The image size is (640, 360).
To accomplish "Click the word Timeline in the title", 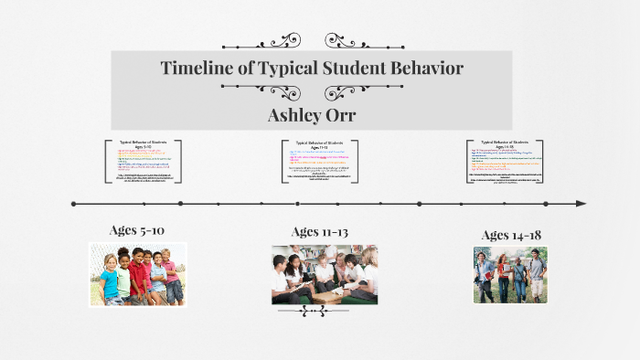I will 198,68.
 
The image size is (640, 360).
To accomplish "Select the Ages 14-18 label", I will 511,235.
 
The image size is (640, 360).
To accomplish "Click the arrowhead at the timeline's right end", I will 581,203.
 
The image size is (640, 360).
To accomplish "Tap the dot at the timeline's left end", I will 73,203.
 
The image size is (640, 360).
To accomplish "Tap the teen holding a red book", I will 485,272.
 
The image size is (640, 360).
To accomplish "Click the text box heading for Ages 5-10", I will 143,143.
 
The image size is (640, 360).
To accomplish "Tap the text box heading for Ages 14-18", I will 505,143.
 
